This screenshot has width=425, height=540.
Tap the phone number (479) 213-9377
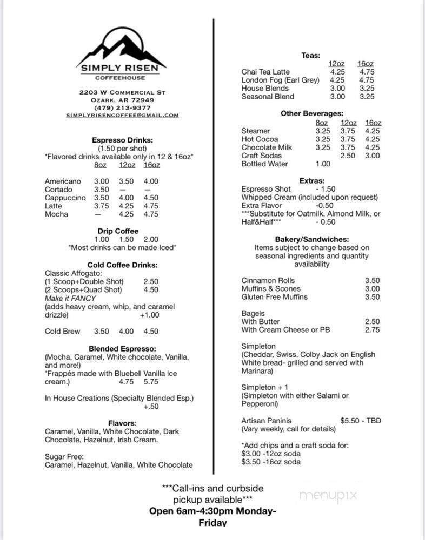point(122,107)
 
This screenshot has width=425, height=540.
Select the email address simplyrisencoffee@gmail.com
point(122,115)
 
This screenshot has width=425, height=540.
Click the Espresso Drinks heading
point(122,140)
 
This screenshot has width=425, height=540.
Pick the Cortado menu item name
point(59,190)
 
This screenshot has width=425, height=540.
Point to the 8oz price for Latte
point(101,206)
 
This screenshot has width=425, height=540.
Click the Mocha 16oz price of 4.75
point(151,214)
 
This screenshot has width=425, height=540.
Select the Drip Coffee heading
point(118,231)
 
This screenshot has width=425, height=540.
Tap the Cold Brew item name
point(62,331)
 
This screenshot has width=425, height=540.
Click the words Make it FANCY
point(70,298)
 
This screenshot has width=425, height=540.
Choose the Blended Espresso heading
point(122,349)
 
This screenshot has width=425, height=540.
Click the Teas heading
point(311,55)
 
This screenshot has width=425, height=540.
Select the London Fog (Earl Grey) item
point(280,80)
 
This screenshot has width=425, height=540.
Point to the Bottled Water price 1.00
point(323,164)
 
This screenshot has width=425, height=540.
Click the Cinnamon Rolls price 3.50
point(372,280)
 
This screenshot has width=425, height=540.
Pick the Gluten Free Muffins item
point(274,296)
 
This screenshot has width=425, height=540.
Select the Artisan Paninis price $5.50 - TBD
point(360,420)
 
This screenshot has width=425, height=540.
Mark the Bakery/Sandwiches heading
point(311,239)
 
